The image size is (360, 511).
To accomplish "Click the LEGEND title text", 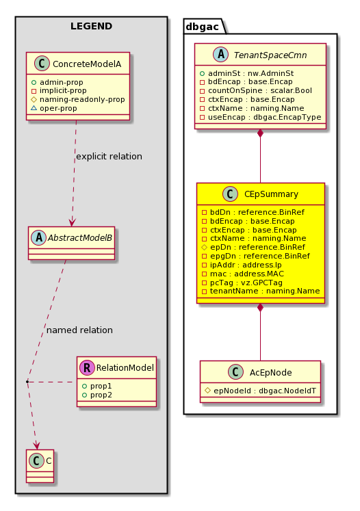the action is pos(91,26).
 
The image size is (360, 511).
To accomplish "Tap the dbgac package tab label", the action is pos(202,27).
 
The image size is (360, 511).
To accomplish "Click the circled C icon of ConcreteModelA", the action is pos(42,64).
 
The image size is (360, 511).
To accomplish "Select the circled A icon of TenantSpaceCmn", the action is pos(221,55).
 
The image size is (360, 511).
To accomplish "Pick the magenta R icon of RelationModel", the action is pos(87,367).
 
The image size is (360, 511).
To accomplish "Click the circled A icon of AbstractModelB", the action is pos(39,237).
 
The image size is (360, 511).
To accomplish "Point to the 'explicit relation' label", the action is pos(109,157).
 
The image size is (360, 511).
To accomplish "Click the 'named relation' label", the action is pos(79,330).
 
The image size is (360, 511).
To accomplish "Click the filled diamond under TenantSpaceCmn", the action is pos(260,133).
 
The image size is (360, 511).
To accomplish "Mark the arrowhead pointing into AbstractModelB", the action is pos(72,222).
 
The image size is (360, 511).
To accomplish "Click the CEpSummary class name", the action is pos(271,194).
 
